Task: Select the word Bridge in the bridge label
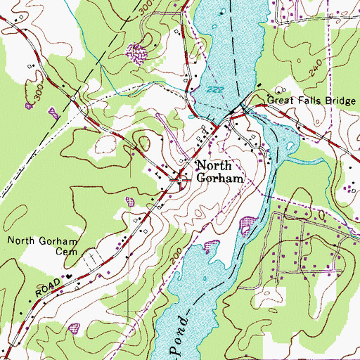coord(336,102)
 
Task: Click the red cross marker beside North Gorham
coord(181,179)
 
